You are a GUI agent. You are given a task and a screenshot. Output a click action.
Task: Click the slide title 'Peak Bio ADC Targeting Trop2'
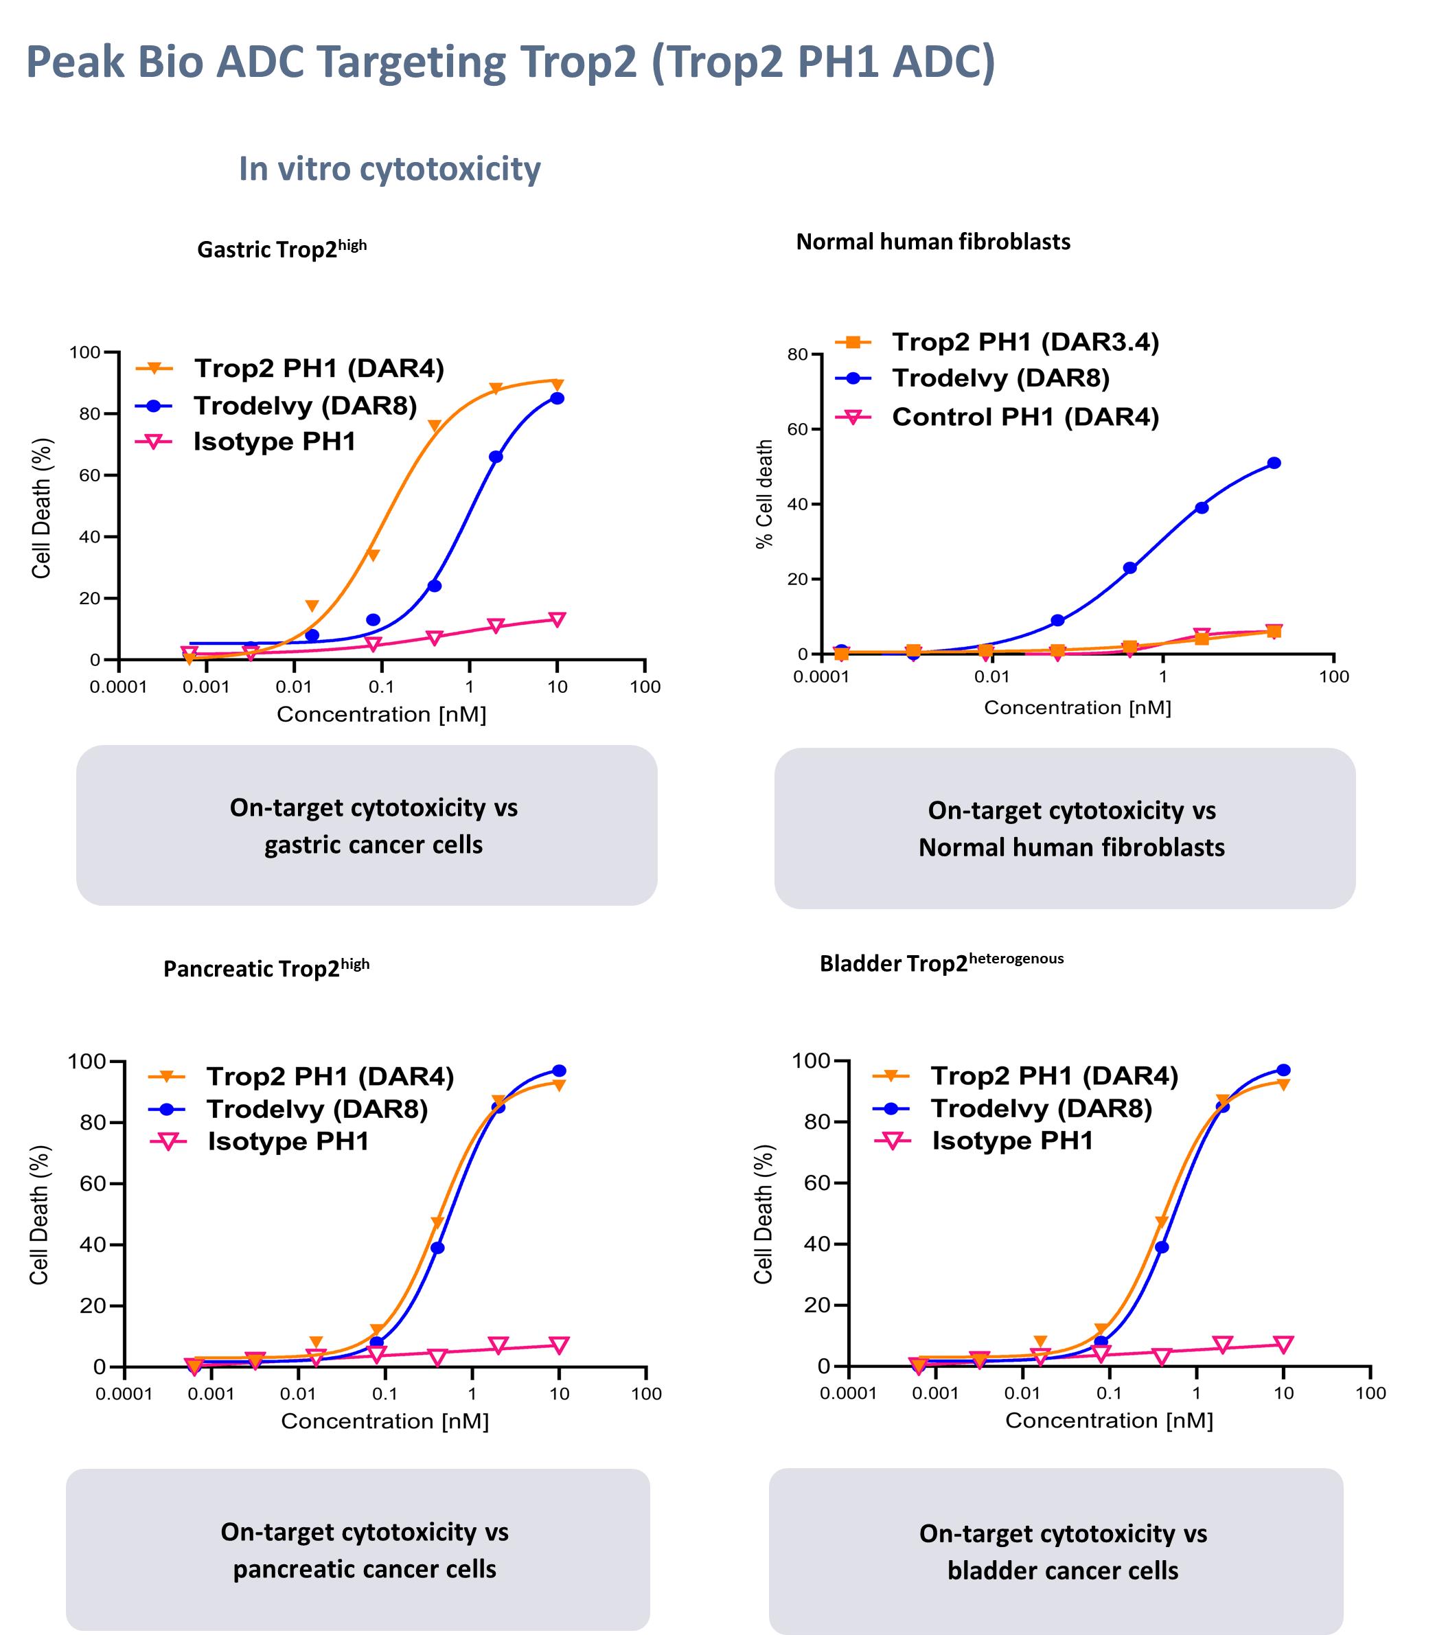[510, 62]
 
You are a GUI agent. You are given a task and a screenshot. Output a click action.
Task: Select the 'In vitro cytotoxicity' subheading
[389, 169]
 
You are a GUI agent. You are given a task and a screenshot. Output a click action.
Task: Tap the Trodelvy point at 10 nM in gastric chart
[557, 398]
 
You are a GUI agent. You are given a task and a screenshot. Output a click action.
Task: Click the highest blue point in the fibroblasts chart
[1274, 463]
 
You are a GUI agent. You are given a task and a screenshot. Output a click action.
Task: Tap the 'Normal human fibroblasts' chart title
[932, 242]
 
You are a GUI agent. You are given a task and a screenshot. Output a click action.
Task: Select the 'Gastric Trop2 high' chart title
[282, 249]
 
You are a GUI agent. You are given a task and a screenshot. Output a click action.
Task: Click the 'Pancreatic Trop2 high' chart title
[266, 968]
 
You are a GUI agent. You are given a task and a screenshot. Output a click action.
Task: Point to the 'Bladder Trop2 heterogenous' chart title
[941, 962]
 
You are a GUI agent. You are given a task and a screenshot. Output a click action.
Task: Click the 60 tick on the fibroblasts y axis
[796, 430]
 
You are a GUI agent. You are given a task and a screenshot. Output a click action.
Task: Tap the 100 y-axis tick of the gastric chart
[84, 353]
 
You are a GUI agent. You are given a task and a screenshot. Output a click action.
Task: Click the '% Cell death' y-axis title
[765, 494]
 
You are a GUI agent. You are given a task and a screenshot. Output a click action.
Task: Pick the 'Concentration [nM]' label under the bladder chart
[1109, 1420]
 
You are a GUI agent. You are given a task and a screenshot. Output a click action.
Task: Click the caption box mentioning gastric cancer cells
[367, 825]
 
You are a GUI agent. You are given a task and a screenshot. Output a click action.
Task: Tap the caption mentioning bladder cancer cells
[1055, 1551]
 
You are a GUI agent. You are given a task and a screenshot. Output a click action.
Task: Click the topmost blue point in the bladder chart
[1283, 1071]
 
